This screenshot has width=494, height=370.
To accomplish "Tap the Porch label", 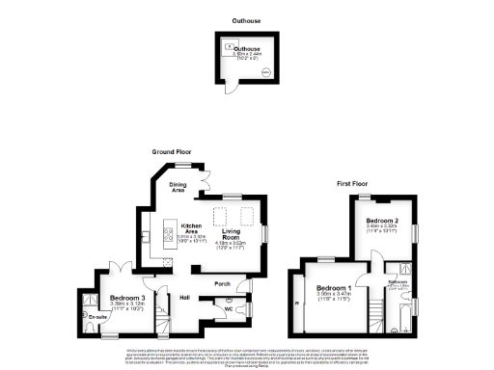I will (222, 283).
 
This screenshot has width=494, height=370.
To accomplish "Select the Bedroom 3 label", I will (127, 299).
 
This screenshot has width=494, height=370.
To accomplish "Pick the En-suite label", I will (91, 315).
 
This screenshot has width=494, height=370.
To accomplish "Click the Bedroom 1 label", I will (334, 288).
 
